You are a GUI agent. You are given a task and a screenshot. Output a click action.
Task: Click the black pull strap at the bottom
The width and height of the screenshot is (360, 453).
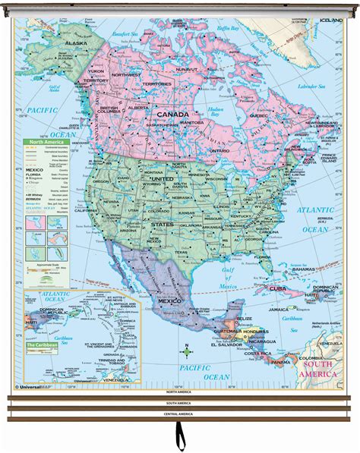tap(180, 437)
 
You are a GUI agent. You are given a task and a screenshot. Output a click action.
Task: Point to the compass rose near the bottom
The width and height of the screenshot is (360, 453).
tap(185, 351)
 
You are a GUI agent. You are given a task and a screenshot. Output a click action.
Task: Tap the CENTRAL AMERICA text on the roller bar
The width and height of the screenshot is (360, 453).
tap(180, 414)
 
